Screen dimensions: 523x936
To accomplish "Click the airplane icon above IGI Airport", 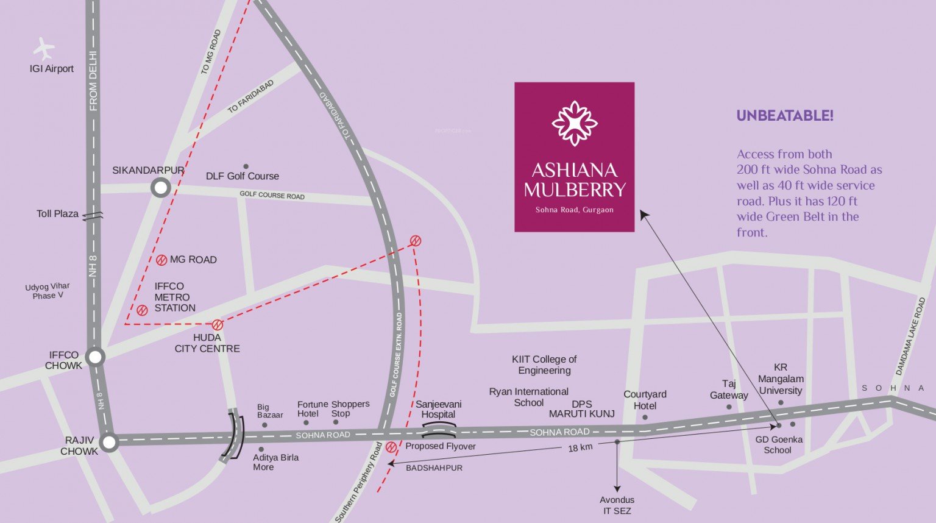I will coord(43,48).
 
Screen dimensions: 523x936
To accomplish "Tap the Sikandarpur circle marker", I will coord(160,188).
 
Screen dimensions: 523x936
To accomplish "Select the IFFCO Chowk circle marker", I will coord(96,357).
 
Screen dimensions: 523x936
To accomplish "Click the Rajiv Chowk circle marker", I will coord(109,443).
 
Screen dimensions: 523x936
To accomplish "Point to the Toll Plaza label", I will coord(57,214).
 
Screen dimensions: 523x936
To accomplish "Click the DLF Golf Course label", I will coord(242,176).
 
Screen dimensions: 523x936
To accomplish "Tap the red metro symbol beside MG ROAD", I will coord(161,260).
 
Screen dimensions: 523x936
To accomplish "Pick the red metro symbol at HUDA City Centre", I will coord(218,325).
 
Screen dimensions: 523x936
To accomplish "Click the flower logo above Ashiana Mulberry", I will coord(574,123).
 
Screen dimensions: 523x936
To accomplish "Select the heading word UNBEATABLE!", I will coord(784,116).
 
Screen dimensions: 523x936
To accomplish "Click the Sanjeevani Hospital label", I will coord(438,409).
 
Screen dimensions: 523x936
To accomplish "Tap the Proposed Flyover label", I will coord(440,446).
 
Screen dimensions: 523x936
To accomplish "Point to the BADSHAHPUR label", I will coord(434,468).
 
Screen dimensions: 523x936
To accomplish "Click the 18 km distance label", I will coord(580,448).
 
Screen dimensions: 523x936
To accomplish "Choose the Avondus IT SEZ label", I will coord(617,505).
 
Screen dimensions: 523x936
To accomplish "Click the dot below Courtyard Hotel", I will coord(645,418).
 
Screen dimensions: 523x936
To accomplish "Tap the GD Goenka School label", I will coord(779,444).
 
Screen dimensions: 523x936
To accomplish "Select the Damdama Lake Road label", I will coord(910,336).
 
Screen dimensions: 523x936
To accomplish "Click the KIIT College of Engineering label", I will coord(544,365).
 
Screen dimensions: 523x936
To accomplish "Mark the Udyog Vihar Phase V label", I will coord(48,291).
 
